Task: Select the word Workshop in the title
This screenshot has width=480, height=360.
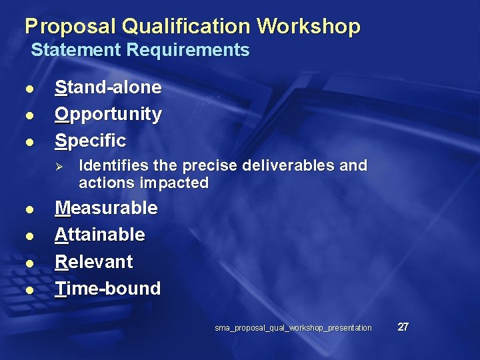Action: pos(308,27)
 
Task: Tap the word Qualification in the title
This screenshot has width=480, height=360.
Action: pos(187,27)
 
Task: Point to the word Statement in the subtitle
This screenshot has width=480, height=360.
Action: pos(77,50)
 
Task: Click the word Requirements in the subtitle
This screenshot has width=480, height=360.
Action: pos(188,50)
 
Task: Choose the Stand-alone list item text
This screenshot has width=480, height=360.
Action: pos(108,87)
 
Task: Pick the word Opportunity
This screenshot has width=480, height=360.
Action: pos(108,114)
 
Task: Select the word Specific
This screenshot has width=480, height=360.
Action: pos(90,141)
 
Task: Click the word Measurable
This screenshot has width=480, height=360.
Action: pos(106,208)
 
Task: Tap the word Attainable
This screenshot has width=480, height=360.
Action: pos(99,235)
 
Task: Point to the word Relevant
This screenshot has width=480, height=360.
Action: pos(94,261)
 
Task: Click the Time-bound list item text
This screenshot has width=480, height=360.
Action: pos(107,289)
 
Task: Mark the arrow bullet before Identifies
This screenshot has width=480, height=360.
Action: pos(59,165)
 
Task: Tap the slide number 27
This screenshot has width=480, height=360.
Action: pos(403,327)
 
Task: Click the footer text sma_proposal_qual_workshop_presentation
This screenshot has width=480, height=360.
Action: pos(293,328)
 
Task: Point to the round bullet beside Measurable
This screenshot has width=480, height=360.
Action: pos(29,210)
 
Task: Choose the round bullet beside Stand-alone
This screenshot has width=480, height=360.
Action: pos(29,89)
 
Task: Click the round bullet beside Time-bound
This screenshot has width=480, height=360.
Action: pos(29,291)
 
